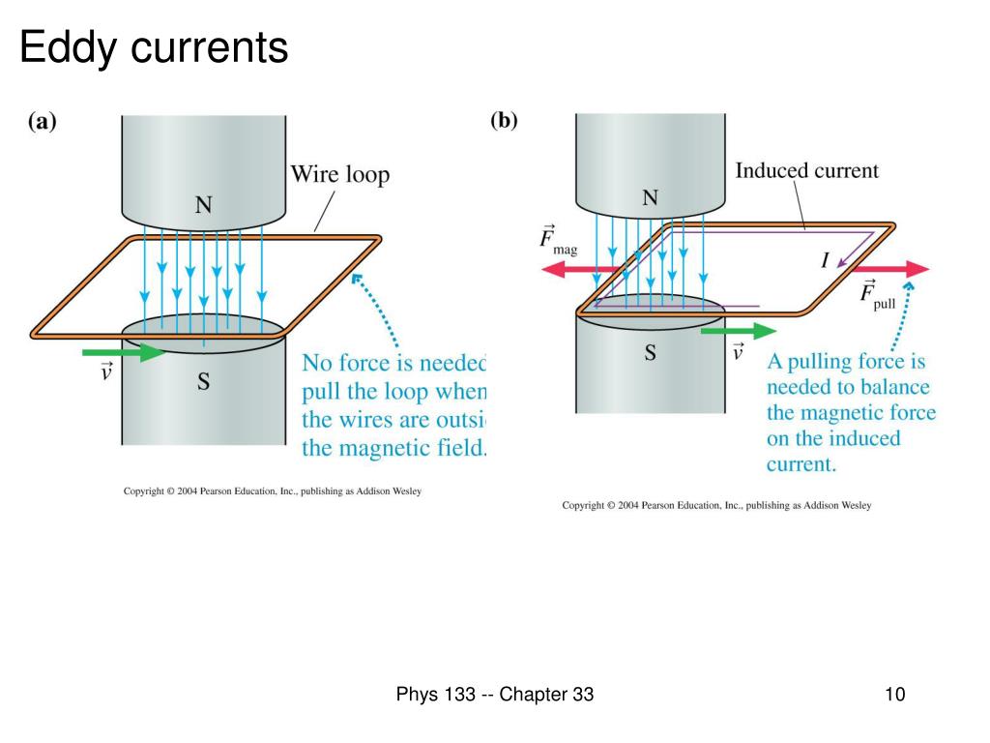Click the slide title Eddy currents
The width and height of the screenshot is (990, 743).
click(x=154, y=47)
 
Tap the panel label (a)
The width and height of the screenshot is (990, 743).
click(x=43, y=123)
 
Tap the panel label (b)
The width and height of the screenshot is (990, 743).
click(x=504, y=121)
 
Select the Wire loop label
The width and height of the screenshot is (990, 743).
click(x=340, y=175)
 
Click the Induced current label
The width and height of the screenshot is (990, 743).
click(x=807, y=171)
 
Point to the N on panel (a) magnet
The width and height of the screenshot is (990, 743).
click(x=204, y=204)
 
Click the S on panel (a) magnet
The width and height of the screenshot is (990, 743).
click(x=204, y=382)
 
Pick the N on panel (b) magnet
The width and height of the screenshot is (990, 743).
click(x=650, y=198)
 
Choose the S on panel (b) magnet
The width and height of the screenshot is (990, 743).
click(x=650, y=353)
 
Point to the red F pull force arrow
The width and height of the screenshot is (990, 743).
click(x=889, y=268)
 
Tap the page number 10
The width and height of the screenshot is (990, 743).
click(x=893, y=695)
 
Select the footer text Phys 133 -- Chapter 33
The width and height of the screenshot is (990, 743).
click(x=494, y=695)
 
